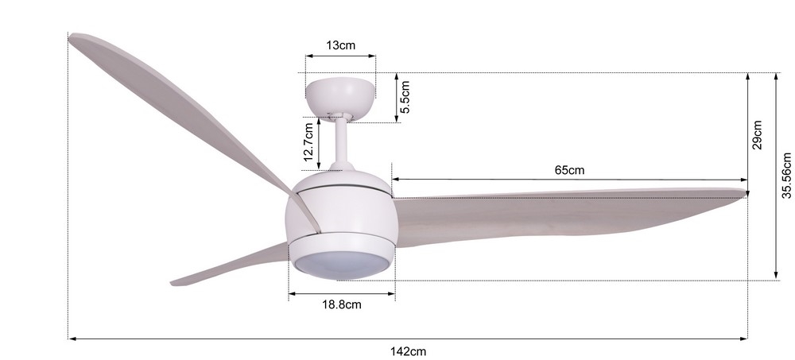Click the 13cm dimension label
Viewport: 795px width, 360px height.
tap(340, 45)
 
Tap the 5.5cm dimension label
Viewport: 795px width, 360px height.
tap(405, 98)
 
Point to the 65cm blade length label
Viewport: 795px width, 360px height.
tap(569, 170)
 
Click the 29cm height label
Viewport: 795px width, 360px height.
tap(757, 135)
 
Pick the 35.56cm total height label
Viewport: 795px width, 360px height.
tap(786, 176)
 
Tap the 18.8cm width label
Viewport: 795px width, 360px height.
tap(342, 304)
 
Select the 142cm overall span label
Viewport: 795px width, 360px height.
tap(408, 351)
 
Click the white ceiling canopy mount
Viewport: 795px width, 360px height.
tap(340, 95)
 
